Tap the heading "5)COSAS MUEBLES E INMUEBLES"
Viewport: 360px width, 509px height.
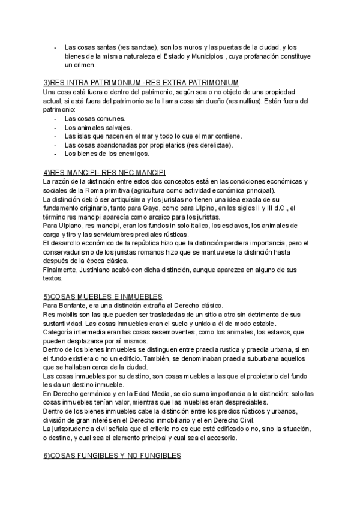pos(103,296)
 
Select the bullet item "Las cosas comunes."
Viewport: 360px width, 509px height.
pos(94,118)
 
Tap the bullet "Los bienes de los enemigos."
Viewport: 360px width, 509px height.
pos(107,153)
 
